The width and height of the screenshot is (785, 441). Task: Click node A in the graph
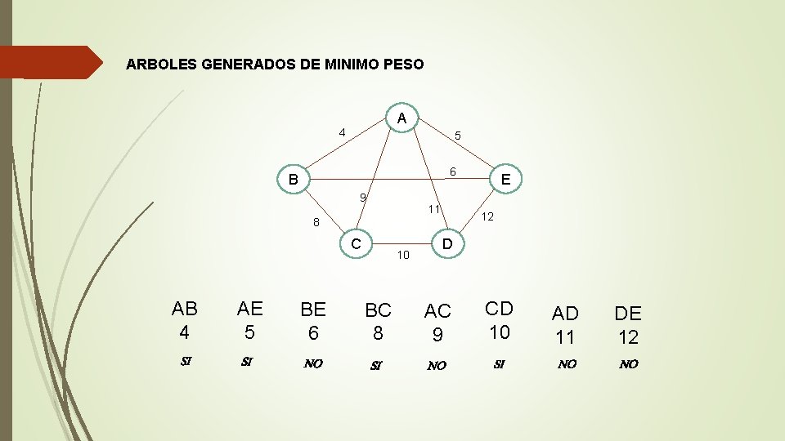401,118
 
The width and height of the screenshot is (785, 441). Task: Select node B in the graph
293,179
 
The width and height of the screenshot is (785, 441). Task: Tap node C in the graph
356,243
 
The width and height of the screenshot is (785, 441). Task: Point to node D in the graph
446,243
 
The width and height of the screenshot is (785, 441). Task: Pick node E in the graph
505,179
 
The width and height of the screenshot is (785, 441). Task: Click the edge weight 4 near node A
343,132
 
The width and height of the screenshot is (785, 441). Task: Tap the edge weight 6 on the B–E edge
451,171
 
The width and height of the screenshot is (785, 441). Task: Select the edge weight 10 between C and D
402,256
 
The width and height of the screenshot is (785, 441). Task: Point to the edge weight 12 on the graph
487,217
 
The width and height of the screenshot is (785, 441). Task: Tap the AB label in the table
185,309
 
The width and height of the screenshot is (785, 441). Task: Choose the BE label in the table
313,309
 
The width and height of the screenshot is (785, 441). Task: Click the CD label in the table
499,309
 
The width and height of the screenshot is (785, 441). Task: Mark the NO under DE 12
628,364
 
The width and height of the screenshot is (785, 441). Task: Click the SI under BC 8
377,365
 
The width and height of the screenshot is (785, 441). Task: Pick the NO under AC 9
437,365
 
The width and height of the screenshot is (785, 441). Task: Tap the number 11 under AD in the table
565,336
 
